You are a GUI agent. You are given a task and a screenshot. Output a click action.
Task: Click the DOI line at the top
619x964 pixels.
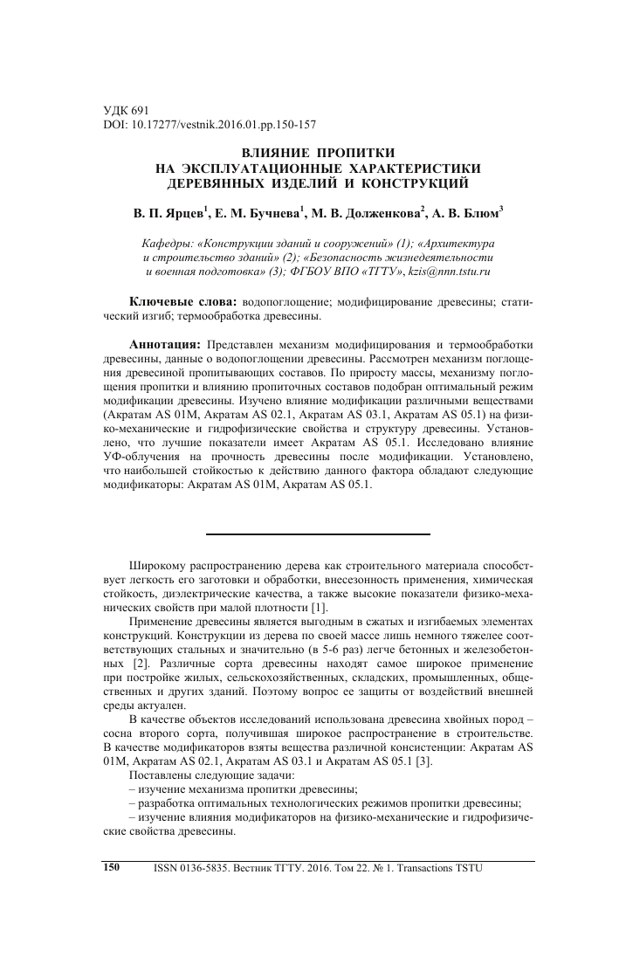click(196, 125)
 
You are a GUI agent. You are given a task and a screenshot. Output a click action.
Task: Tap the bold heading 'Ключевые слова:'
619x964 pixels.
click(184, 300)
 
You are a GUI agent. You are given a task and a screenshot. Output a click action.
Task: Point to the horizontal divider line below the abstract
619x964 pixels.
click(319, 534)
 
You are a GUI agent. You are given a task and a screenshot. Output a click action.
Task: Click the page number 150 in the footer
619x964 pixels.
click(111, 868)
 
